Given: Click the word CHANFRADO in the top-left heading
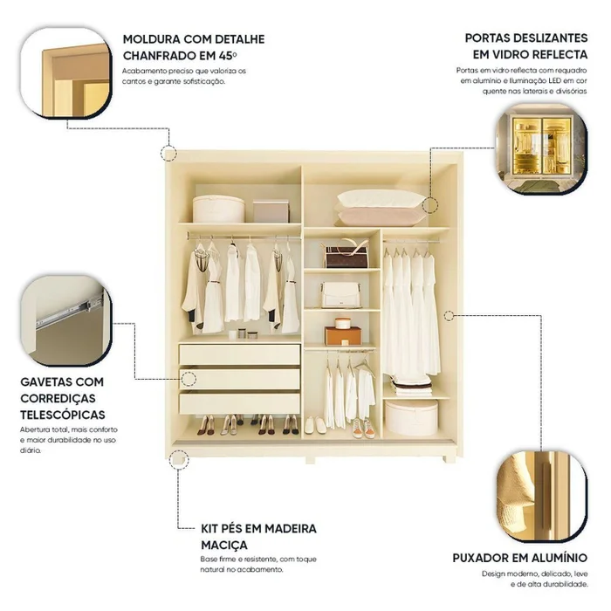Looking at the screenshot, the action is click(x=160, y=56).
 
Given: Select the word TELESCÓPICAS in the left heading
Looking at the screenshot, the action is click(x=63, y=415).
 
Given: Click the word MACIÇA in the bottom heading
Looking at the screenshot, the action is click(x=224, y=546).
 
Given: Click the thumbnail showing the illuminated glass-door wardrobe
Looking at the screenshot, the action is click(x=542, y=148).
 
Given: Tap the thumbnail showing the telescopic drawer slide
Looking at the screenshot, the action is click(x=66, y=320).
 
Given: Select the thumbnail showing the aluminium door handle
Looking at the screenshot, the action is click(x=542, y=497).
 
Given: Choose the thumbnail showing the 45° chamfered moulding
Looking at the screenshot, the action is click(x=66, y=72).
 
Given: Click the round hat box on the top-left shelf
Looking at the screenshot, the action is click(x=218, y=209).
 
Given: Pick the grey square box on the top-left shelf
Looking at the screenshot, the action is click(x=271, y=211).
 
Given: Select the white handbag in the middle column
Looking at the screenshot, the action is click(x=340, y=295).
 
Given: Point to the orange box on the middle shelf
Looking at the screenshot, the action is click(x=343, y=335).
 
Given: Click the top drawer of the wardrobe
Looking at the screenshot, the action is click(x=240, y=354).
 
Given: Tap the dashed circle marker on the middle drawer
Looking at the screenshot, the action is click(x=189, y=379).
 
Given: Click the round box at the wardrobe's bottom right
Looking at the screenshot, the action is click(x=411, y=418).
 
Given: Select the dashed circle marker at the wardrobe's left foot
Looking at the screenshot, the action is click(x=179, y=459).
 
